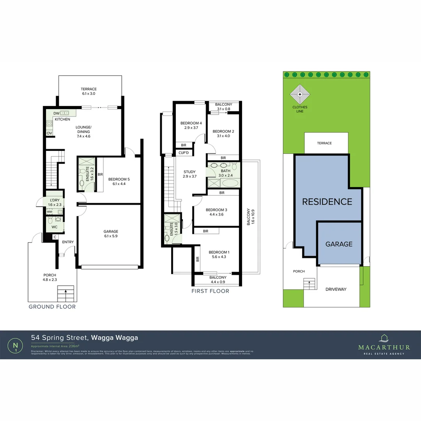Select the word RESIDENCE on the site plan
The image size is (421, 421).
click(x=327, y=202)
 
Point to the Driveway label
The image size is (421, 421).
click(x=336, y=289)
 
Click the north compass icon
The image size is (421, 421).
click(x=15, y=345)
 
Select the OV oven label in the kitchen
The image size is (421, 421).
click(x=50, y=133)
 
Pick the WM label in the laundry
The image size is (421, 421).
click(x=50, y=212)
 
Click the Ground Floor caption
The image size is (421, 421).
click(x=52, y=307)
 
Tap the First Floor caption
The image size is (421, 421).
click(x=210, y=291)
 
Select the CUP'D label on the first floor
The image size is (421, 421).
click(x=184, y=153)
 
